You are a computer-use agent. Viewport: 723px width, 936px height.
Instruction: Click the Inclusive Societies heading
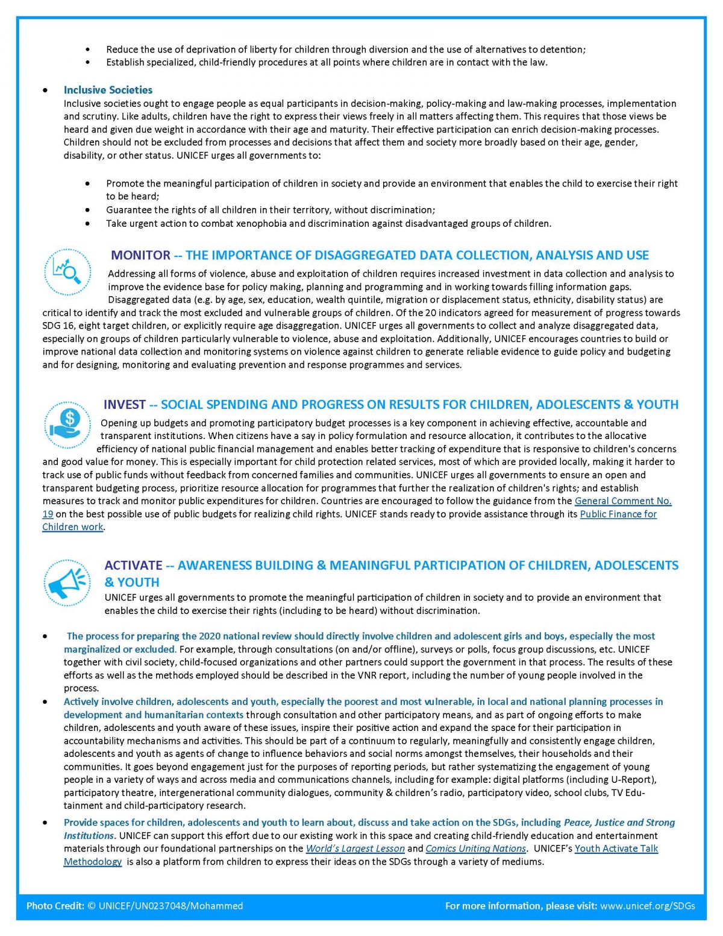tap(108, 90)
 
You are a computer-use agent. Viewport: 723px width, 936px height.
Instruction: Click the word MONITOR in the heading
tap(140, 255)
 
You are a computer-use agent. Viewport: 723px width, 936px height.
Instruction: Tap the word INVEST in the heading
tap(124, 404)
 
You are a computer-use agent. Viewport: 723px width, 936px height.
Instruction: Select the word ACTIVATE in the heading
tap(133, 565)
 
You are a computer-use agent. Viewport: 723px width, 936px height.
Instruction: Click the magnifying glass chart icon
tap(67, 271)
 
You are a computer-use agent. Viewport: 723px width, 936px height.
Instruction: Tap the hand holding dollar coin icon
tap(67, 425)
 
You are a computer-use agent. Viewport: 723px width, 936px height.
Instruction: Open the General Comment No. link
tap(622, 501)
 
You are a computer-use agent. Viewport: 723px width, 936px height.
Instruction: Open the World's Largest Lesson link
tap(355, 849)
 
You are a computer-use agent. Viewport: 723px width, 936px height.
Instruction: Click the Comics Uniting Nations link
tap(475, 849)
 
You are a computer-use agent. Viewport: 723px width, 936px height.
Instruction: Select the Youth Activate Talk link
tap(616, 849)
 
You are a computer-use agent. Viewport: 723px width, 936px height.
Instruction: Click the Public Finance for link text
tap(618, 514)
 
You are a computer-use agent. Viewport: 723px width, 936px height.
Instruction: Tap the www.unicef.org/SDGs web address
tap(648, 906)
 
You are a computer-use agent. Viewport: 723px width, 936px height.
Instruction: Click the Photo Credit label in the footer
tap(55, 906)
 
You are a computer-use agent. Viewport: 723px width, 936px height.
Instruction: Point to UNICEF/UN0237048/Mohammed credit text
tap(171, 906)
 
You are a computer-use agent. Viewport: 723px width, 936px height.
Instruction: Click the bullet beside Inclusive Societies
tap(46, 90)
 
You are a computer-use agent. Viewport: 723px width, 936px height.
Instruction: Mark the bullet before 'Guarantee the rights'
tap(88, 210)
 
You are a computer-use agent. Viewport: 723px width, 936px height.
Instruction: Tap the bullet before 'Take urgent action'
tap(88, 223)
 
